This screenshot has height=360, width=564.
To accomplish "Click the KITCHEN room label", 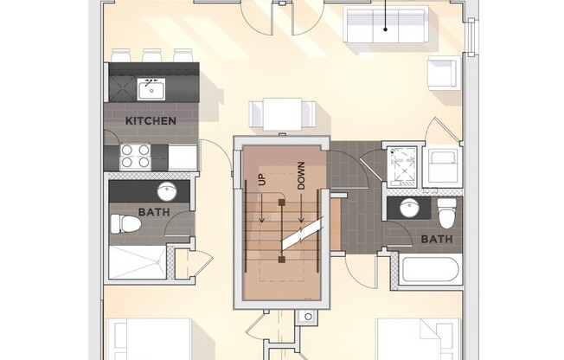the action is [151, 121].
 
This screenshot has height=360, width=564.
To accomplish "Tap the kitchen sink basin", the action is [151, 89].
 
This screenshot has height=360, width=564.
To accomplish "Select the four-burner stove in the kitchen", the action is [135, 157].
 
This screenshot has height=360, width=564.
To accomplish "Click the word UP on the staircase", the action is [262, 180].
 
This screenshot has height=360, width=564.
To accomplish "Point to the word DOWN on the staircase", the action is [301, 176].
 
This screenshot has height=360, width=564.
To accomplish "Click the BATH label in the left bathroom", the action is [154, 212].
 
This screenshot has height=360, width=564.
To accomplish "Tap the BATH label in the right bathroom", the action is [437, 239].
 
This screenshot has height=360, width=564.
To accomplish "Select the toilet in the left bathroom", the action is [125, 223].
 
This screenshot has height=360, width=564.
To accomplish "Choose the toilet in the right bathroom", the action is [447, 213].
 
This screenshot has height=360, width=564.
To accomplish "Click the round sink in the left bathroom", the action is [167, 191].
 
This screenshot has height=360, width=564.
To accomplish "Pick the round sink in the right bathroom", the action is [410, 209].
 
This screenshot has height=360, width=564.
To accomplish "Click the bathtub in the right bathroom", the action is [430, 270].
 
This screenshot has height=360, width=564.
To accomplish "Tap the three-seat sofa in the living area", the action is [385, 24].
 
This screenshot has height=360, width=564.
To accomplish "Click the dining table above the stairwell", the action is [282, 113].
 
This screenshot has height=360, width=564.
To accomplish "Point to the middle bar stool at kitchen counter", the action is [152, 55].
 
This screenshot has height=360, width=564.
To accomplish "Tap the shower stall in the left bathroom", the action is [138, 262].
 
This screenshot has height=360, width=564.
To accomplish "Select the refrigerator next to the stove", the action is [183, 157].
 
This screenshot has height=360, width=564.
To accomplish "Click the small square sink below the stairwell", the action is [308, 317].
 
